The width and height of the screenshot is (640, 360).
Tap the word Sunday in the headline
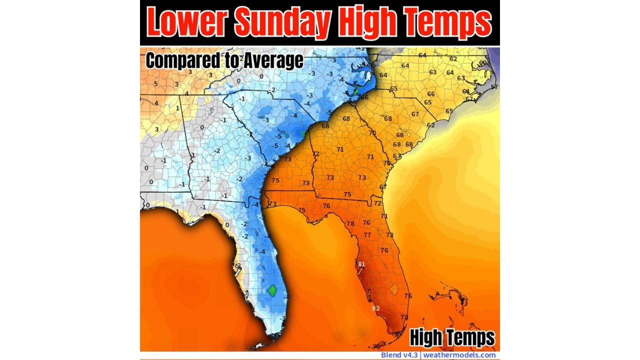point(282,22)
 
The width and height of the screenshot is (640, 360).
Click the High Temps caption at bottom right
point(452,338)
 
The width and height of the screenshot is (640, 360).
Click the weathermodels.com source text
point(459,355)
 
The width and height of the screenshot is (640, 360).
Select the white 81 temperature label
point(361,264)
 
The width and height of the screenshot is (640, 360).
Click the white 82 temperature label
point(375,308)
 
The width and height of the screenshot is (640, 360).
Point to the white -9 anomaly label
point(275,157)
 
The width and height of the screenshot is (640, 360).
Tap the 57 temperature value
point(494,87)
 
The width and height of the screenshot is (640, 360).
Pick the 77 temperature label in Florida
point(367,235)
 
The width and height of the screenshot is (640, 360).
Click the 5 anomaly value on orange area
point(156,83)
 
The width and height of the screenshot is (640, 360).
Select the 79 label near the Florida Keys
point(377,346)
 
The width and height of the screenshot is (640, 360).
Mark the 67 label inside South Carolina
point(415,114)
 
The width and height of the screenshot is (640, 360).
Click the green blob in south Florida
point(272,290)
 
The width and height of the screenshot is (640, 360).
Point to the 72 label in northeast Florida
point(377,203)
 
